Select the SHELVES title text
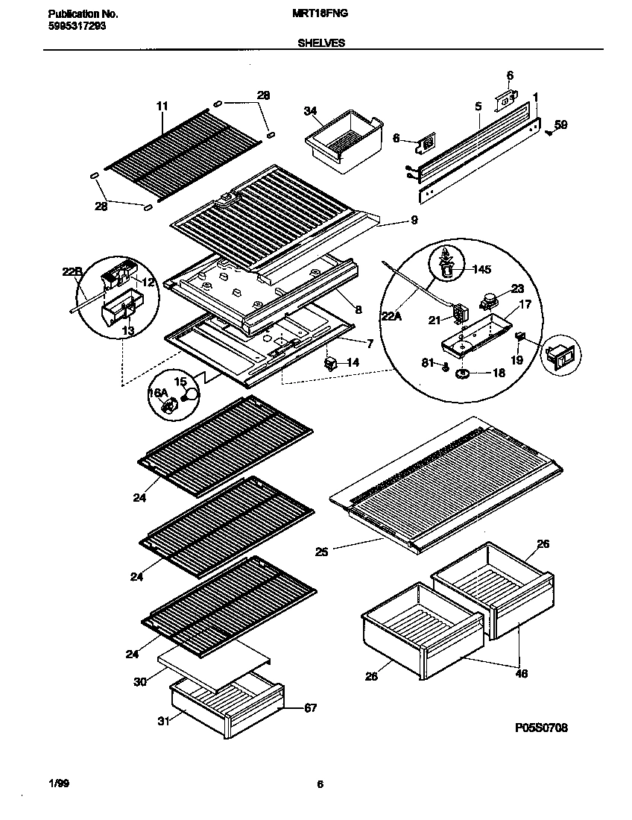click(321, 43)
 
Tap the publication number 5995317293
click(77, 25)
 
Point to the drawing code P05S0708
click(542, 728)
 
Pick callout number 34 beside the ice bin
click(310, 111)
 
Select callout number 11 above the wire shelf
click(162, 107)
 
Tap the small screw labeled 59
click(549, 132)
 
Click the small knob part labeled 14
click(329, 363)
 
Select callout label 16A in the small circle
click(157, 393)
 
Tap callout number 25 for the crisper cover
click(321, 552)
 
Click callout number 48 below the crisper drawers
click(521, 674)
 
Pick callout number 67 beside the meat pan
click(311, 707)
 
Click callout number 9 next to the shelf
click(414, 220)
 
